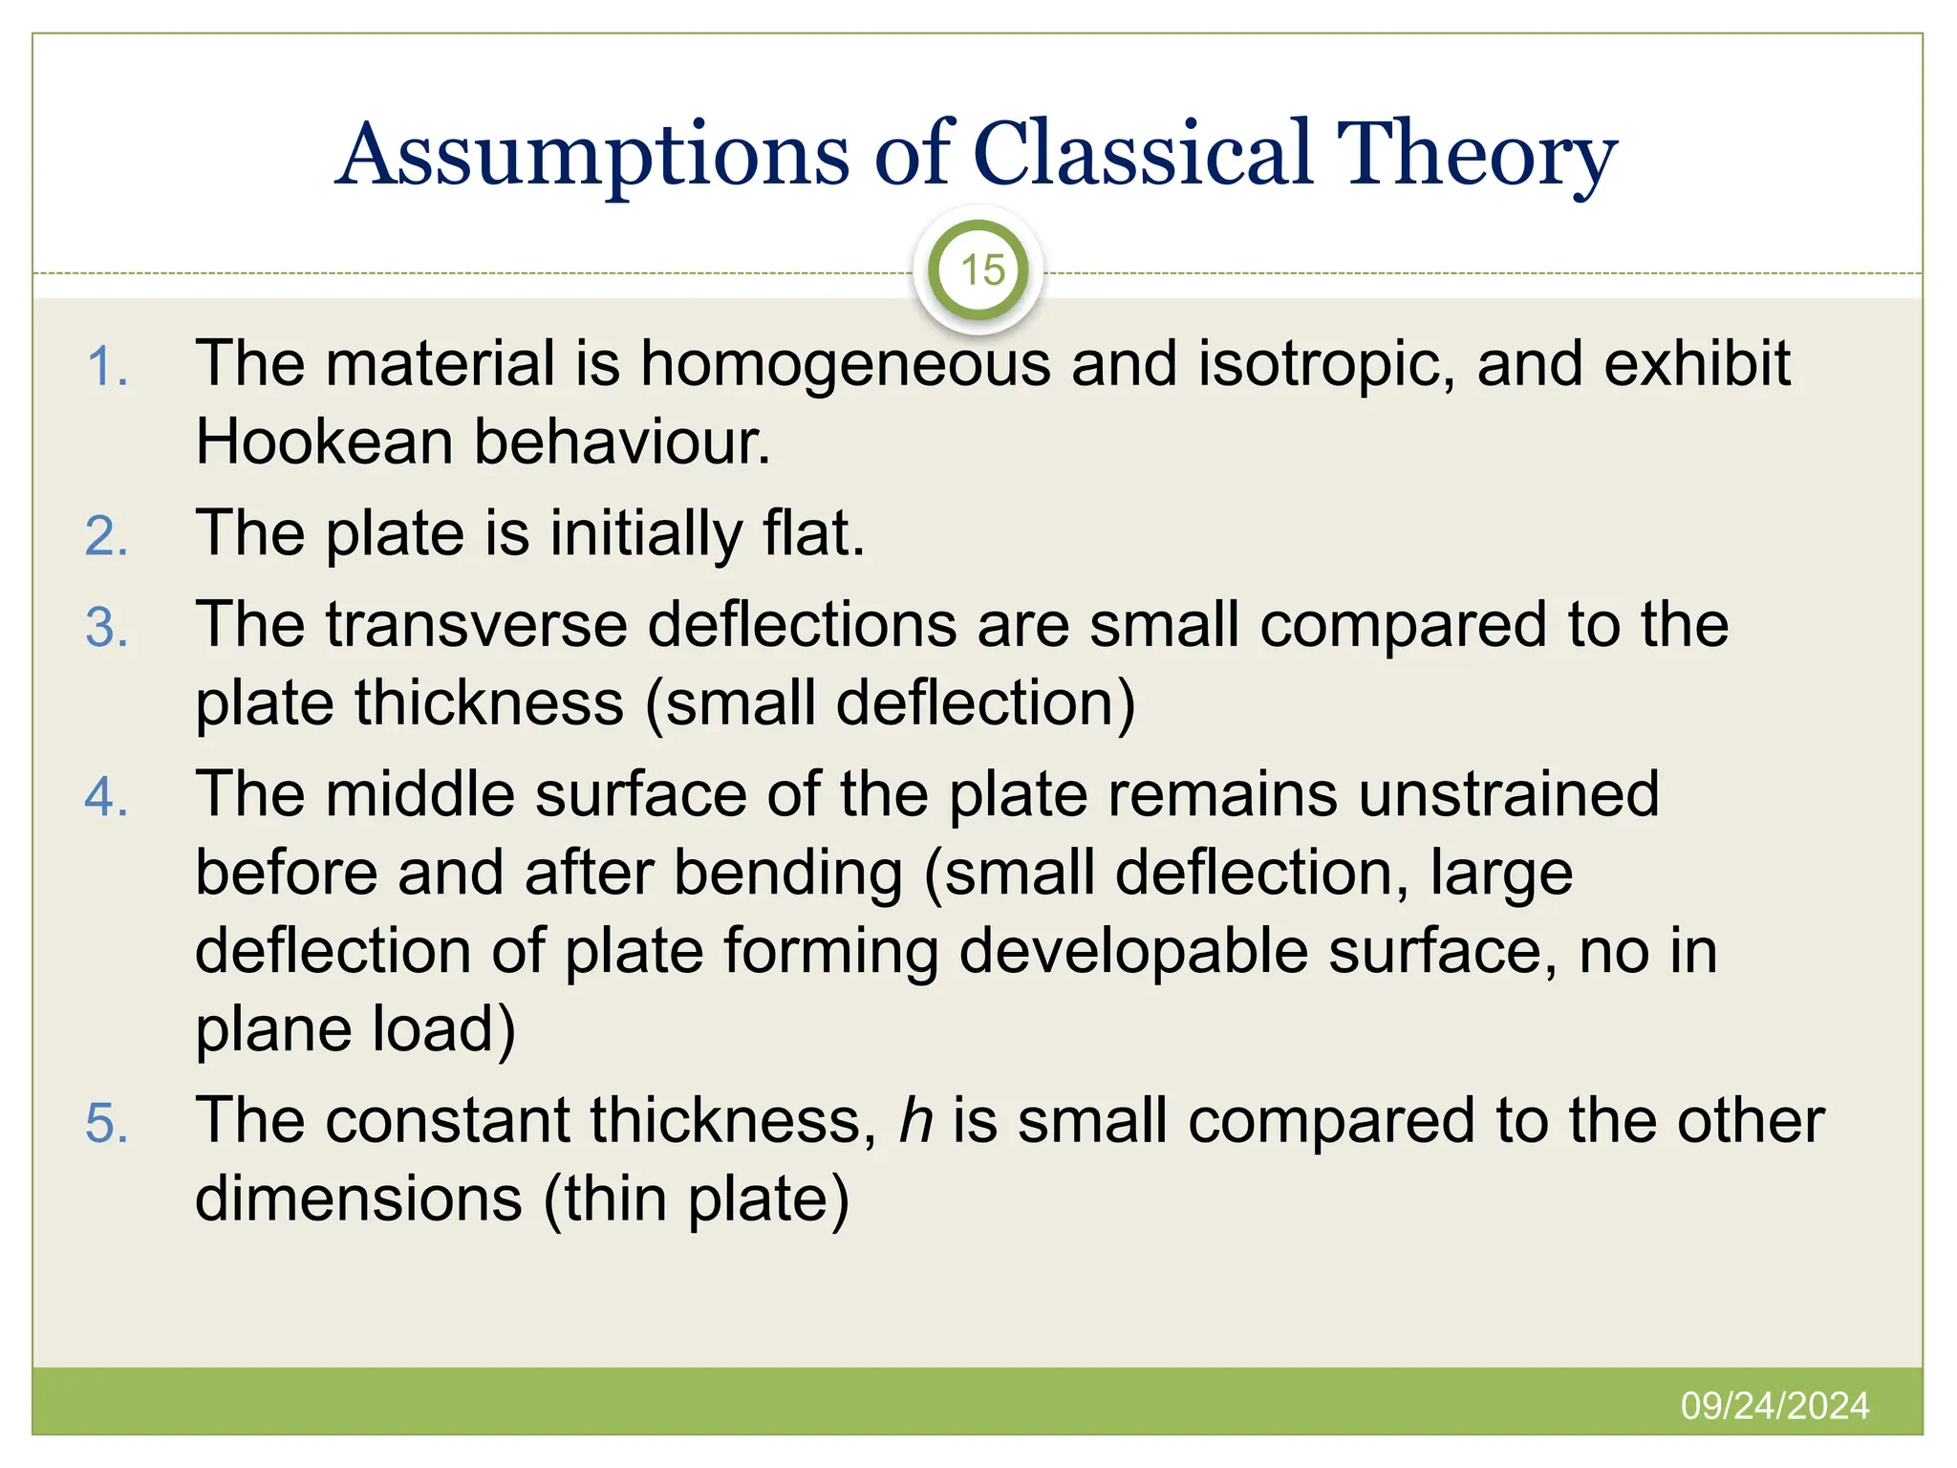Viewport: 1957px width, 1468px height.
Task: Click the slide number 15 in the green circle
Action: coord(981,270)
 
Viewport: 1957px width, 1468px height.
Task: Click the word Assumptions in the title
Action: coord(592,156)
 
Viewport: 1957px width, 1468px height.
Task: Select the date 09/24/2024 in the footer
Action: coord(1774,1406)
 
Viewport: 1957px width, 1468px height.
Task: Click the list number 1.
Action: coord(107,368)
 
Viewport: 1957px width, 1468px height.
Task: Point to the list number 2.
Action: coord(107,536)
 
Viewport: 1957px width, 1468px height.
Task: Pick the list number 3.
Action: coord(107,629)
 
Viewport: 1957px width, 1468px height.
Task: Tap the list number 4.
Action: coord(107,798)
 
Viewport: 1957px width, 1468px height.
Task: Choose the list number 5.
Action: coord(107,1123)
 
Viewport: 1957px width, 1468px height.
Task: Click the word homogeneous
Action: coord(845,365)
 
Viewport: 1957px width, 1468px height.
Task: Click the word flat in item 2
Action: coord(812,533)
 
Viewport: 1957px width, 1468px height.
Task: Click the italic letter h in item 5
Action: coord(915,1120)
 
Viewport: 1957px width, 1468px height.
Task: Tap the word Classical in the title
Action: coord(1142,156)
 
